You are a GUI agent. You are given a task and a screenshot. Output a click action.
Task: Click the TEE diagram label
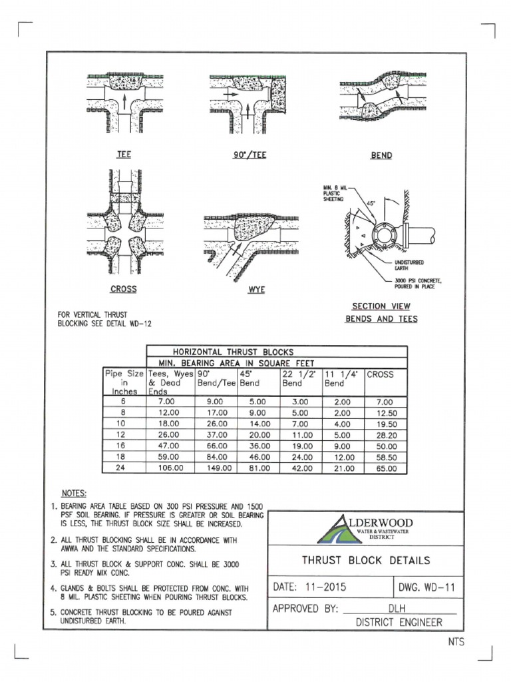(124, 155)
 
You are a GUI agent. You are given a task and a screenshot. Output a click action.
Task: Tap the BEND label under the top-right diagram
(381, 155)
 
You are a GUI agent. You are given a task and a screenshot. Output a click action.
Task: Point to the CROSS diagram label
(123, 289)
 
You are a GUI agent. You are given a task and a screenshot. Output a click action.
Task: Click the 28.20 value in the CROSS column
(387, 435)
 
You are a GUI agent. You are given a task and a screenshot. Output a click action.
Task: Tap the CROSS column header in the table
(382, 374)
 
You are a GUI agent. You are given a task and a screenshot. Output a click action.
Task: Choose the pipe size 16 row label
(120, 446)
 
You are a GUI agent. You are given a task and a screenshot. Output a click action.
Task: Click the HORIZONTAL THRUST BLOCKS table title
(233, 351)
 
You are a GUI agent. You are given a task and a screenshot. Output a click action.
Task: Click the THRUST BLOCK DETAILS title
(366, 561)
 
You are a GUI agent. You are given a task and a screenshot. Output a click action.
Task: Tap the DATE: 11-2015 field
(310, 587)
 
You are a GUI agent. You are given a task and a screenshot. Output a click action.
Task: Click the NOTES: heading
(74, 494)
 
